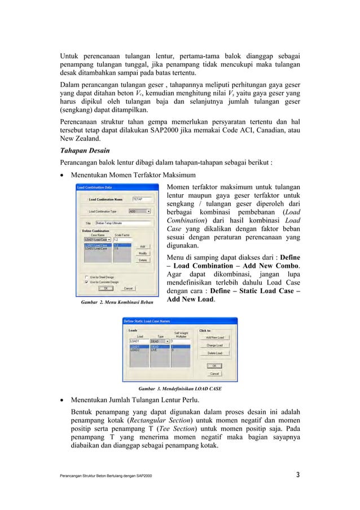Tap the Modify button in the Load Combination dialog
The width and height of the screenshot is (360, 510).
(143, 253)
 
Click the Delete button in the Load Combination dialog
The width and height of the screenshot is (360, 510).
(143, 260)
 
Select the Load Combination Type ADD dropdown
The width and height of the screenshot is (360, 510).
(140, 211)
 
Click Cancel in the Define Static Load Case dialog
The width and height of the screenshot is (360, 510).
(215, 373)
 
